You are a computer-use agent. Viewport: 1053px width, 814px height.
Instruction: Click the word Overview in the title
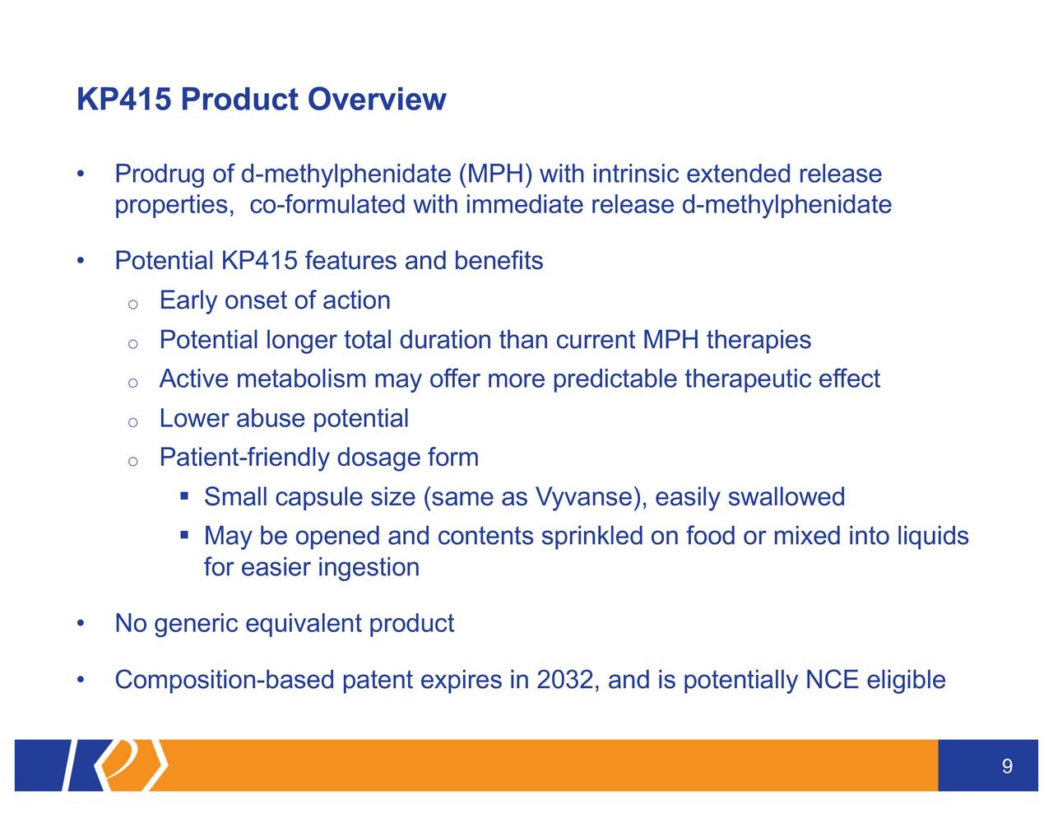377,100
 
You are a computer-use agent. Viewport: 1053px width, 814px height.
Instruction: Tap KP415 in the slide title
124,100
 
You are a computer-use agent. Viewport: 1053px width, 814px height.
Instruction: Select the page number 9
1007,766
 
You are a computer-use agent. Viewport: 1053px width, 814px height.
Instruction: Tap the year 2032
564,679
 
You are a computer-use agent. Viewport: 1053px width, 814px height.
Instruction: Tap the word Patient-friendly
244,457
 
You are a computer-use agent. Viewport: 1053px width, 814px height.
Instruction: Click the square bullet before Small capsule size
184,496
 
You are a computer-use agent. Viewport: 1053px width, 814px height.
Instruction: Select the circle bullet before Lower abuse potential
132,421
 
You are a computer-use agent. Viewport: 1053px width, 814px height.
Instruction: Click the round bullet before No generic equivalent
81,623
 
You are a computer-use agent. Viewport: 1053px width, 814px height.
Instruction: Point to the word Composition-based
225,679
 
